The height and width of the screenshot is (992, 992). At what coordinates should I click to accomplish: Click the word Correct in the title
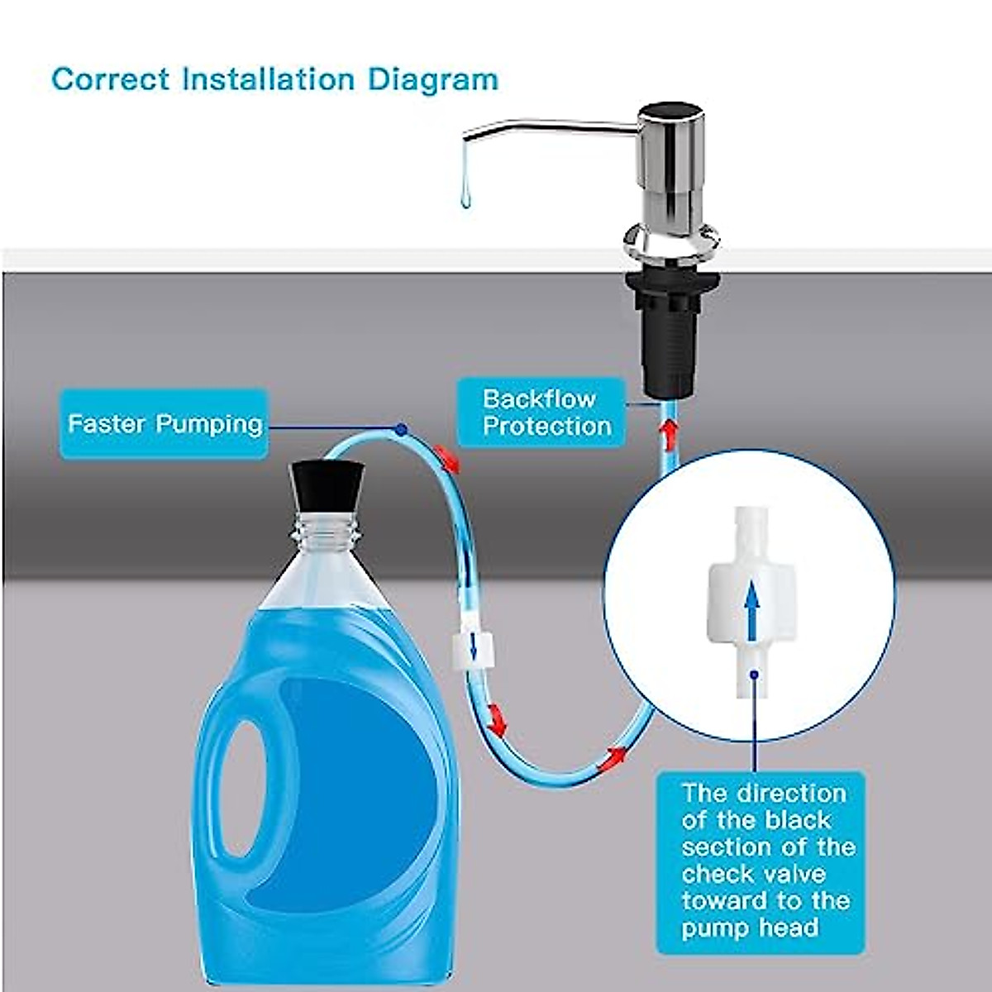point(110,79)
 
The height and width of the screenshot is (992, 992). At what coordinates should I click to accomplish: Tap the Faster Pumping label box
point(165,424)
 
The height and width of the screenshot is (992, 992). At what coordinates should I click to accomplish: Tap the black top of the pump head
point(670,111)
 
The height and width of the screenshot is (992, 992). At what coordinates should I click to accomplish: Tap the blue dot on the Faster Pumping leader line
point(401,429)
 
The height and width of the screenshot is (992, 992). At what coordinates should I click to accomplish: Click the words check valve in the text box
point(753,874)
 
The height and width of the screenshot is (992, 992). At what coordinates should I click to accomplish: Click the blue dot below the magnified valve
point(753,675)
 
